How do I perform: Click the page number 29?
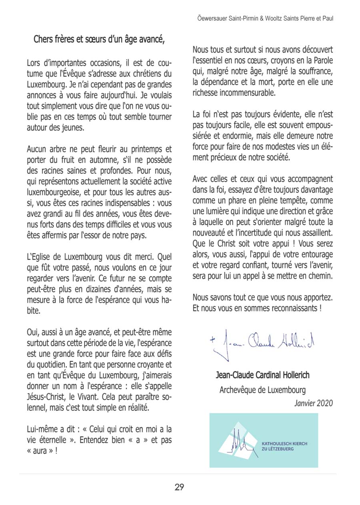(179, 487)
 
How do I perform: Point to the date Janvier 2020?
(313, 403)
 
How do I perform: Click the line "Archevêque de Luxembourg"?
(262, 389)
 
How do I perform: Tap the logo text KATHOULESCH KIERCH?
(284, 443)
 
